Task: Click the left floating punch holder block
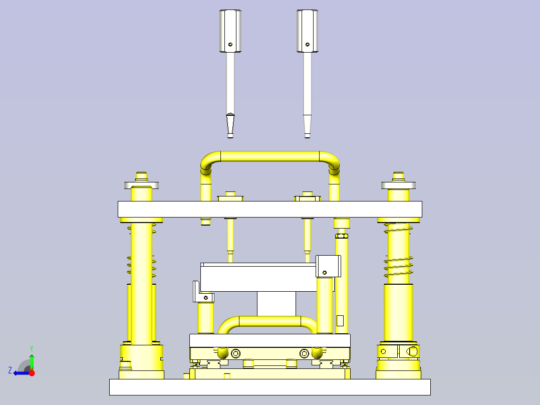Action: click(x=230, y=31)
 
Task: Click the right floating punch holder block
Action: click(x=307, y=31)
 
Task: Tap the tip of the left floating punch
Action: click(x=230, y=134)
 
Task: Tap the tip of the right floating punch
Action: click(x=307, y=134)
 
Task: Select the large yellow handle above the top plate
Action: click(x=271, y=156)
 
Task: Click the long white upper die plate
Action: click(x=269, y=209)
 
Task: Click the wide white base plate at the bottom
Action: click(x=269, y=387)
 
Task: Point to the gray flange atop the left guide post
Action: click(x=142, y=185)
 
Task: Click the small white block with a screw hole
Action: click(x=328, y=266)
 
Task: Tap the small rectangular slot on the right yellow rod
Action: click(x=340, y=320)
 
